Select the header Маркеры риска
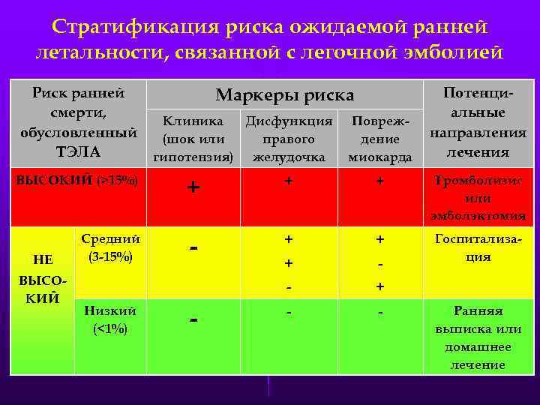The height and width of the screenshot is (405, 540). pyautogui.click(x=284, y=95)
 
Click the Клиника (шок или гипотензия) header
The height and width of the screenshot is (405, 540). pyautogui.click(x=193, y=139)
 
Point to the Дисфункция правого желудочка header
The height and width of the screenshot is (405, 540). pyautogui.click(x=289, y=139)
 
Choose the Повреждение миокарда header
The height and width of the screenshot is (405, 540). pyautogui.click(x=379, y=139)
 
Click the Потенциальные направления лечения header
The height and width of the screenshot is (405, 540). pyautogui.click(x=478, y=121)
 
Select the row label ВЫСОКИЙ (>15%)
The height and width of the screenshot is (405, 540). pyautogui.click(x=77, y=181)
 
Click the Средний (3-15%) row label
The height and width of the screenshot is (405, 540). pyautogui.click(x=110, y=247)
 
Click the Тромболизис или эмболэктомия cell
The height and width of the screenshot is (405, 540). pyautogui.click(x=478, y=198)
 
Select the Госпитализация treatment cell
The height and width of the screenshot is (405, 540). pyautogui.click(x=478, y=247)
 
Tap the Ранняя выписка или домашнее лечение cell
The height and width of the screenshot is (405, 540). pyautogui.click(x=478, y=337)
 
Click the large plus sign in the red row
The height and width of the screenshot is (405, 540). pyautogui.click(x=193, y=187)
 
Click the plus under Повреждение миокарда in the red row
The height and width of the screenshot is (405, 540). pyautogui.click(x=379, y=181)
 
